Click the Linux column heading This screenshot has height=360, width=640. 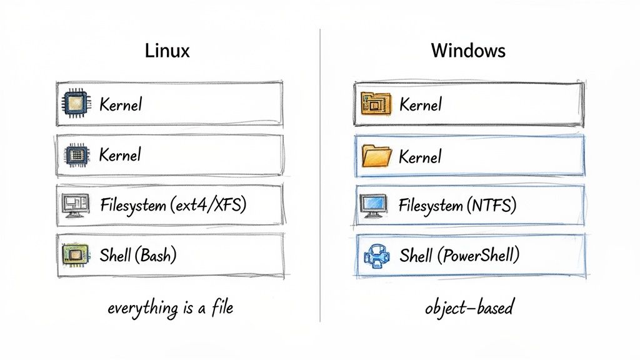point(167,51)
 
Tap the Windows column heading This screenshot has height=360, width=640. point(468,51)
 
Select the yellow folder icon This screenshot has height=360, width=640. point(377,155)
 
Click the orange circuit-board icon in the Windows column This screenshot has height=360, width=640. point(376,104)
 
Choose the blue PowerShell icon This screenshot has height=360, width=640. point(377,256)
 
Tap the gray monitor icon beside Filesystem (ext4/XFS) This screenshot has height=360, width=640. point(75,205)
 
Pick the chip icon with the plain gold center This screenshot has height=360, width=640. point(76,104)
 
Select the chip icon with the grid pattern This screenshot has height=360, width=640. point(76,154)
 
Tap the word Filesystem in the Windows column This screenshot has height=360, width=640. point(429,205)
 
